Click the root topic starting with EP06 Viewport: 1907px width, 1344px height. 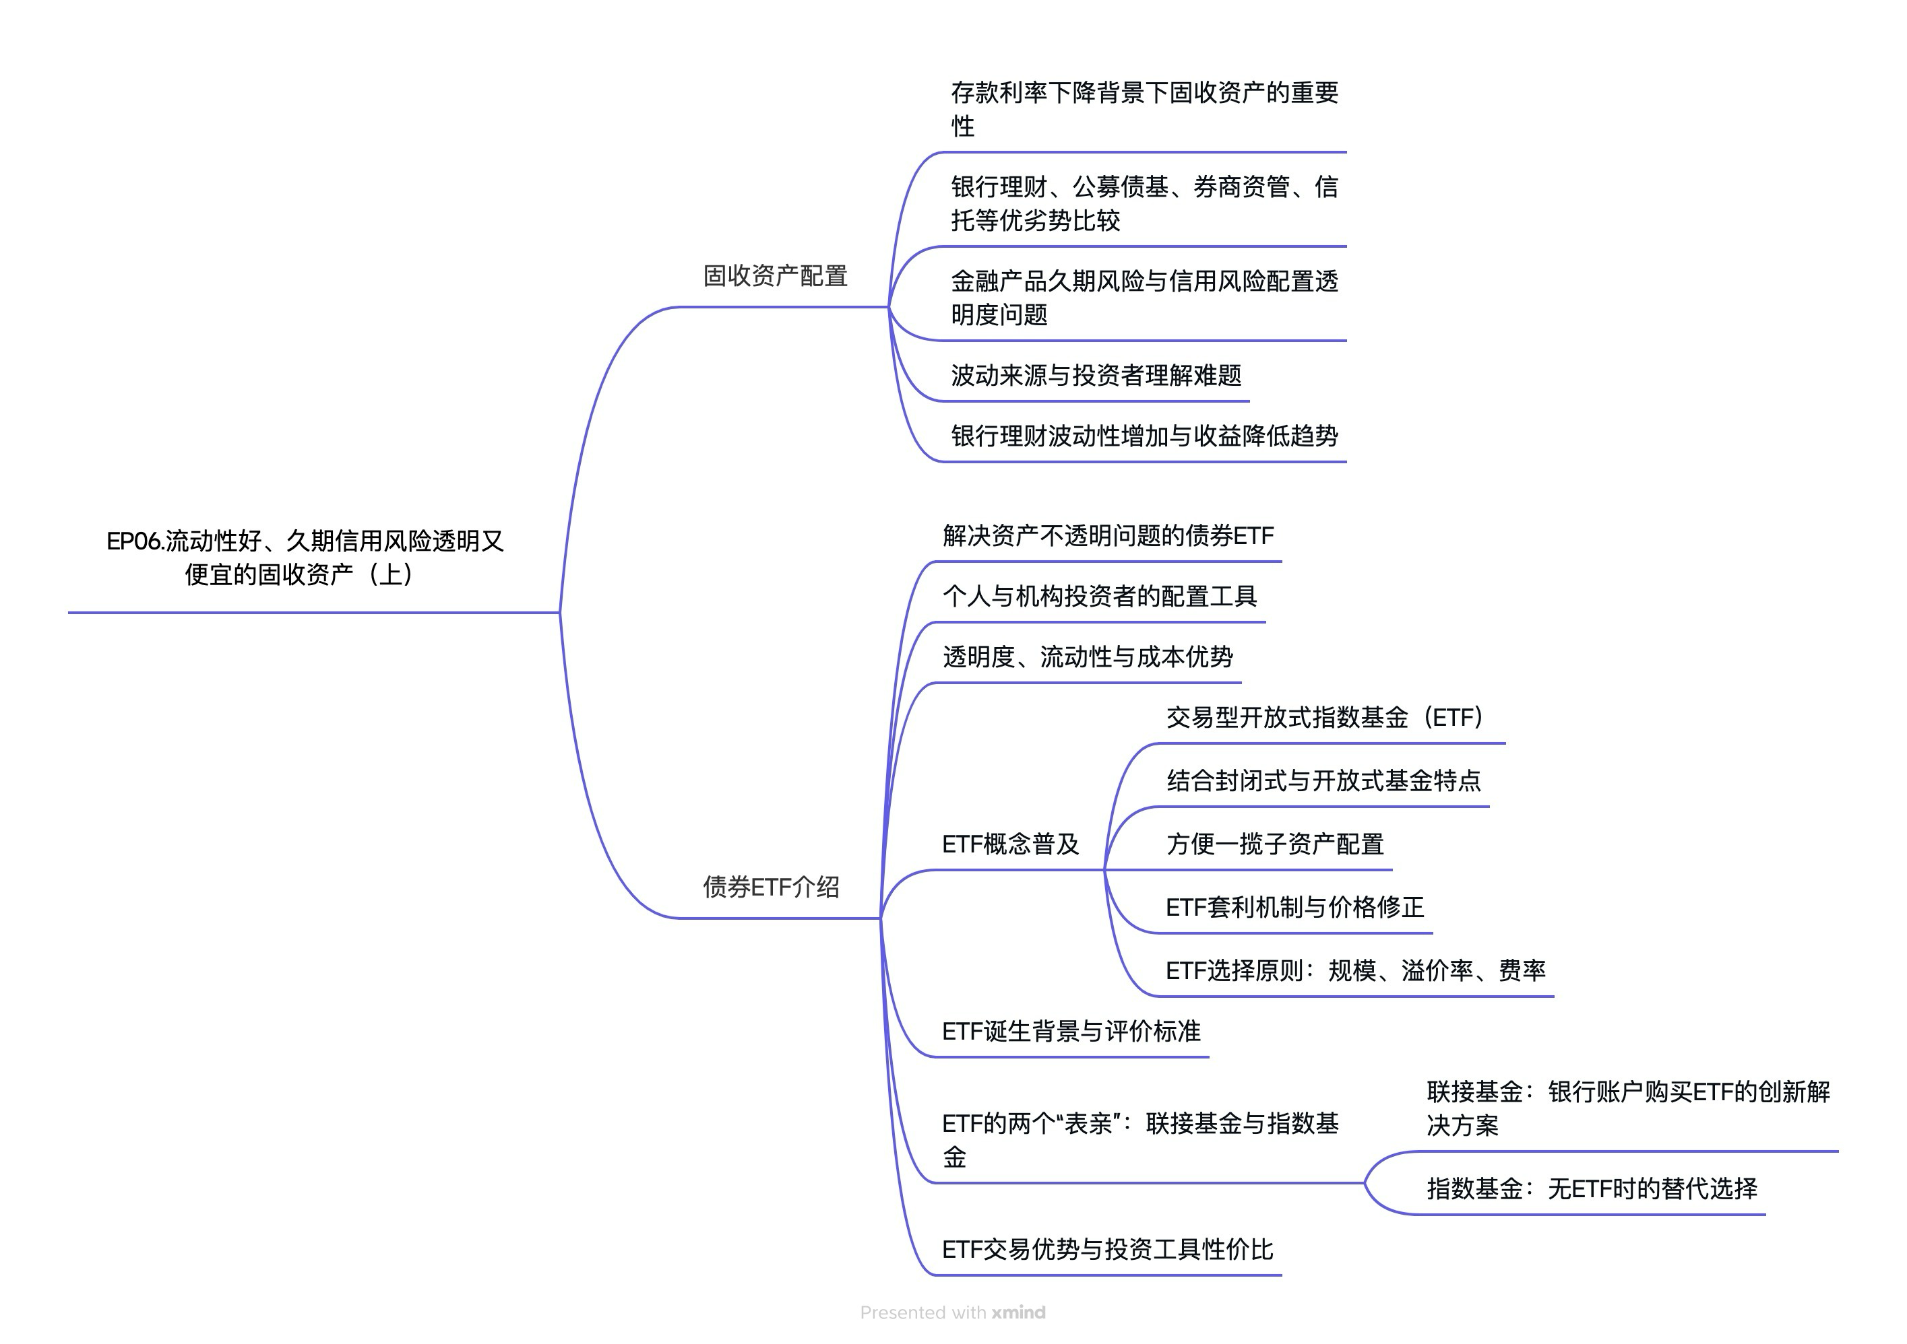(305, 557)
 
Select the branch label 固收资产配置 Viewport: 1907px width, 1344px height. (775, 275)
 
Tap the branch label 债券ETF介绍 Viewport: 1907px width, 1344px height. (771, 887)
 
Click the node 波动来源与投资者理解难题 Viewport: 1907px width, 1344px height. (1096, 375)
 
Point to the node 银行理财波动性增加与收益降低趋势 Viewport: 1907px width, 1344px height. (1144, 435)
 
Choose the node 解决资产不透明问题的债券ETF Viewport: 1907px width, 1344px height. (1108, 535)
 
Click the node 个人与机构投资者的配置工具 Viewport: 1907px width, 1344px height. (1100, 596)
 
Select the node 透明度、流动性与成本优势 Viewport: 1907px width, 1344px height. (1087, 657)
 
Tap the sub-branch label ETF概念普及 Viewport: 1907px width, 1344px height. (1010, 844)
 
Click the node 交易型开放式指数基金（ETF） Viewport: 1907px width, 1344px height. (1324, 716)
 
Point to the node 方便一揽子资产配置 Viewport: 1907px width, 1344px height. (1275, 844)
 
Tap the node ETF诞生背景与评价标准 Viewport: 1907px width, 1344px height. (1071, 1031)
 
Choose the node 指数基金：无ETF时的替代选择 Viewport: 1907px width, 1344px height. (1592, 1188)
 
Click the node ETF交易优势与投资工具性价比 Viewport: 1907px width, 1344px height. (1107, 1248)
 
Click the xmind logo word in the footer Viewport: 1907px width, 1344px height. (1018, 1312)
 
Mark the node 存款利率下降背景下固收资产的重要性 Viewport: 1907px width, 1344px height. (1144, 109)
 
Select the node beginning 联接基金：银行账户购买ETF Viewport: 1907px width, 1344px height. (1628, 1108)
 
